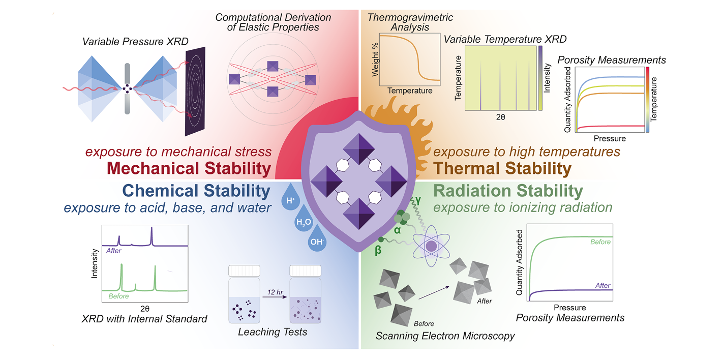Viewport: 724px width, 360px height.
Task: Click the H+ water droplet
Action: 291,198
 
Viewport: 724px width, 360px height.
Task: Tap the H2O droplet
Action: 304,220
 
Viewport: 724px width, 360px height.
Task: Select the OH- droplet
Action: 317,239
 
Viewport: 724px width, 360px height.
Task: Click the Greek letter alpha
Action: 397,230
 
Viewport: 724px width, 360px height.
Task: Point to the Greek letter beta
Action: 378,250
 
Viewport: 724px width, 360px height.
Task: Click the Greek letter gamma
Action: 418,201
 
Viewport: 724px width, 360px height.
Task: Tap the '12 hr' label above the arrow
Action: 275,292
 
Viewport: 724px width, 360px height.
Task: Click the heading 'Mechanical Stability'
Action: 189,168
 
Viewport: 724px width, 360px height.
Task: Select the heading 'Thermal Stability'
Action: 502,168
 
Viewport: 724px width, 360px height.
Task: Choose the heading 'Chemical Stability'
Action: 196,191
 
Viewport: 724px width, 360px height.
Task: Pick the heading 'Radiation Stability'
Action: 508,191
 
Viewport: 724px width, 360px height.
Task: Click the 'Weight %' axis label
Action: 375,60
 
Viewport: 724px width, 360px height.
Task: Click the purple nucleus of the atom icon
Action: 431,246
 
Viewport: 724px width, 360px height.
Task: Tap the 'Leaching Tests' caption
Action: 273,332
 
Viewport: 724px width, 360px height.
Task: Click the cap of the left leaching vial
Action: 245,271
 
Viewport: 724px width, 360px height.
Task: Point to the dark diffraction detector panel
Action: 195,92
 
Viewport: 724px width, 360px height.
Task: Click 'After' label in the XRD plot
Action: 114,251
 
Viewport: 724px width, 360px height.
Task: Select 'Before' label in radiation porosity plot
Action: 600,242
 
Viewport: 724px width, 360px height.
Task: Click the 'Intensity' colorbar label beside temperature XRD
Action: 547,78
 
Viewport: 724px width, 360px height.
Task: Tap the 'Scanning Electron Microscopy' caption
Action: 445,336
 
